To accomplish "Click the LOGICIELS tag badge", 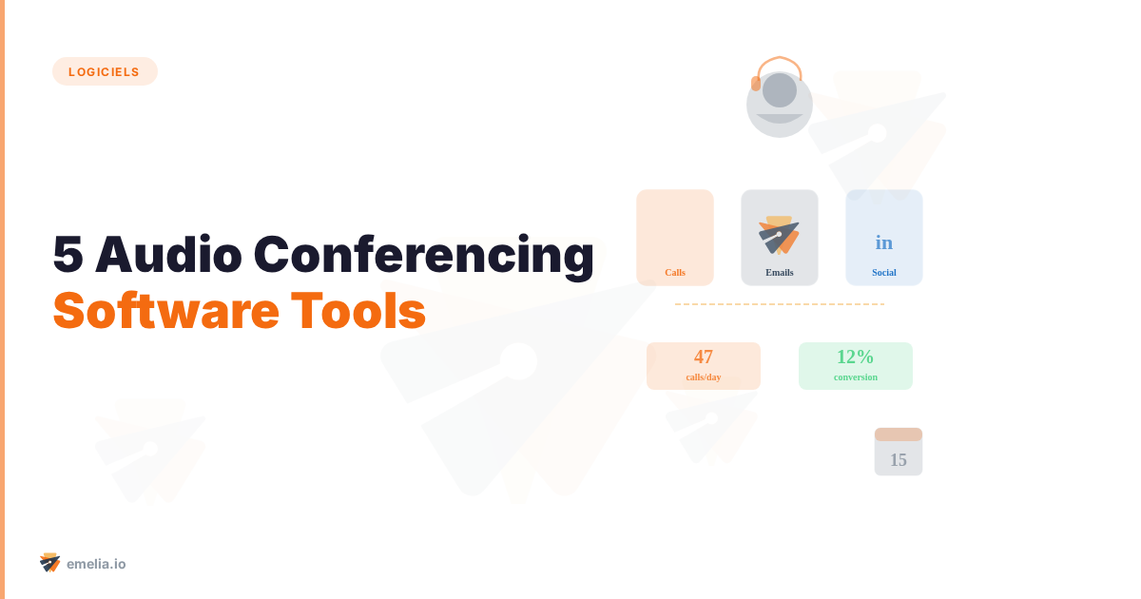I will pos(105,71).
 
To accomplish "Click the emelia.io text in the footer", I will pos(96,564).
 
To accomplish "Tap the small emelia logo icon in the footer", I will pos(50,563).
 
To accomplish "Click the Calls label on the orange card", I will pos(675,273).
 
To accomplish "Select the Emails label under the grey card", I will pos(780,273).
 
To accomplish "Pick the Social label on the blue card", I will pos(884,273).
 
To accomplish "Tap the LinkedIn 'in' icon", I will pos(884,242).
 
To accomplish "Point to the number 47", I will pos(704,357).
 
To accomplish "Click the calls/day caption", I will pos(704,377).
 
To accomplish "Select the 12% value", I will pos(855,357).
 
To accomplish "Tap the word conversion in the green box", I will pos(856,377).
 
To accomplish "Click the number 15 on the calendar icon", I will pos(899,460).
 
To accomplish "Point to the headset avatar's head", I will pos(780,91).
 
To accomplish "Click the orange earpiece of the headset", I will pos(756,84).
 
